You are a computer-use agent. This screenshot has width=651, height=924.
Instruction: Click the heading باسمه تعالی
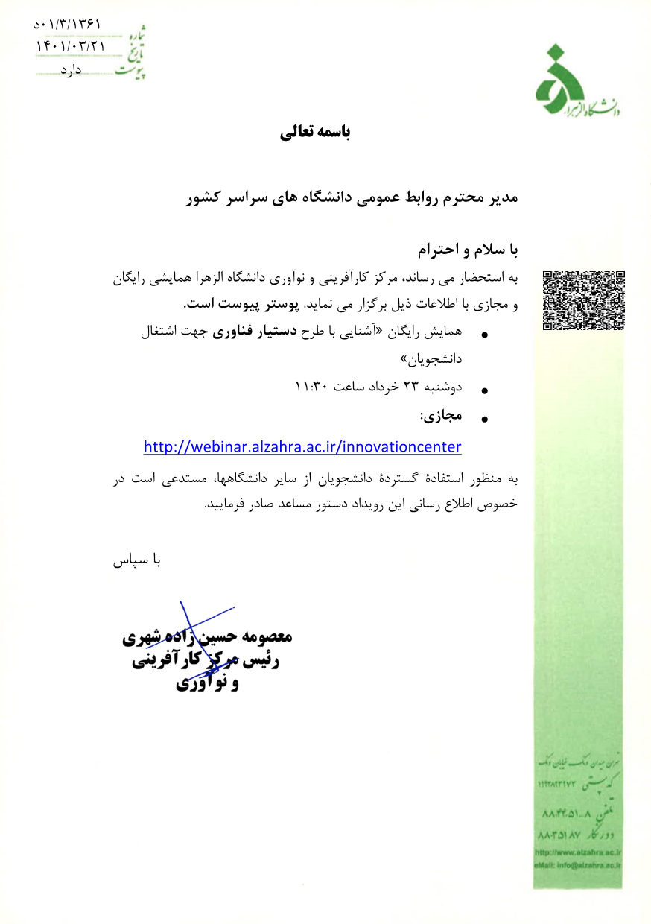click(314, 133)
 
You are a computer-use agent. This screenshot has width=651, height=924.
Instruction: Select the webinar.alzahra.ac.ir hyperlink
click(302, 447)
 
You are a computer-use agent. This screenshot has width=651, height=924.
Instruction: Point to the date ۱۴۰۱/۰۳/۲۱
click(71, 46)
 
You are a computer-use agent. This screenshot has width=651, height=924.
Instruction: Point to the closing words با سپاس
click(136, 560)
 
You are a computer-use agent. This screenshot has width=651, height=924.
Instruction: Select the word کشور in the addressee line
click(206, 199)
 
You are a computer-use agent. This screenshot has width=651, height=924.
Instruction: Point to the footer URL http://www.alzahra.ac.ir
click(578, 852)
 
